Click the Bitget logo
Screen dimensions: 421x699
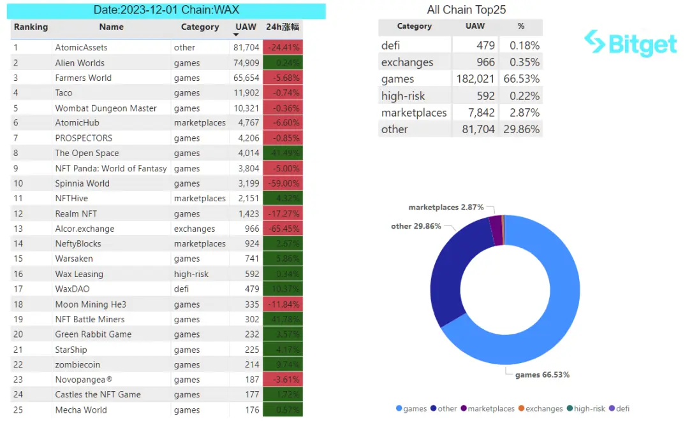click(630, 43)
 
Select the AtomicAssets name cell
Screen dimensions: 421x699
click(81, 48)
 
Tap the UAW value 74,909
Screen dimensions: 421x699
click(246, 63)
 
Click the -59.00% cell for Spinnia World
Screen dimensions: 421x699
click(283, 183)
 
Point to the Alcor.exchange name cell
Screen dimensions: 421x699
click(85, 229)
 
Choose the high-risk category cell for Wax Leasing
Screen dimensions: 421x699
click(191, 275)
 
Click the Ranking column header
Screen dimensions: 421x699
click(31, 27)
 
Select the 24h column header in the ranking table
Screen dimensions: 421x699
click(283, 27)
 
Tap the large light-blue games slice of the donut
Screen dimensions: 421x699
click(555, 306)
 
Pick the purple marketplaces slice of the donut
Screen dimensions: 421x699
click(495, 226)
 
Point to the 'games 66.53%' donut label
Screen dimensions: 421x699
click(542, 375)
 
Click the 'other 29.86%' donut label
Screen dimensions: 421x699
click(416, 227)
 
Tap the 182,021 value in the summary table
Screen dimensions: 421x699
click(475, 79)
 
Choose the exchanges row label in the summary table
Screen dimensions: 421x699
click(407, 62)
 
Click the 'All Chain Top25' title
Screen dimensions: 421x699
click(466, 10)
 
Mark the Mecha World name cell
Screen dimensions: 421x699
click(81, 410)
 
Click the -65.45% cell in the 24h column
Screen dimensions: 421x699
click(283, 229)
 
